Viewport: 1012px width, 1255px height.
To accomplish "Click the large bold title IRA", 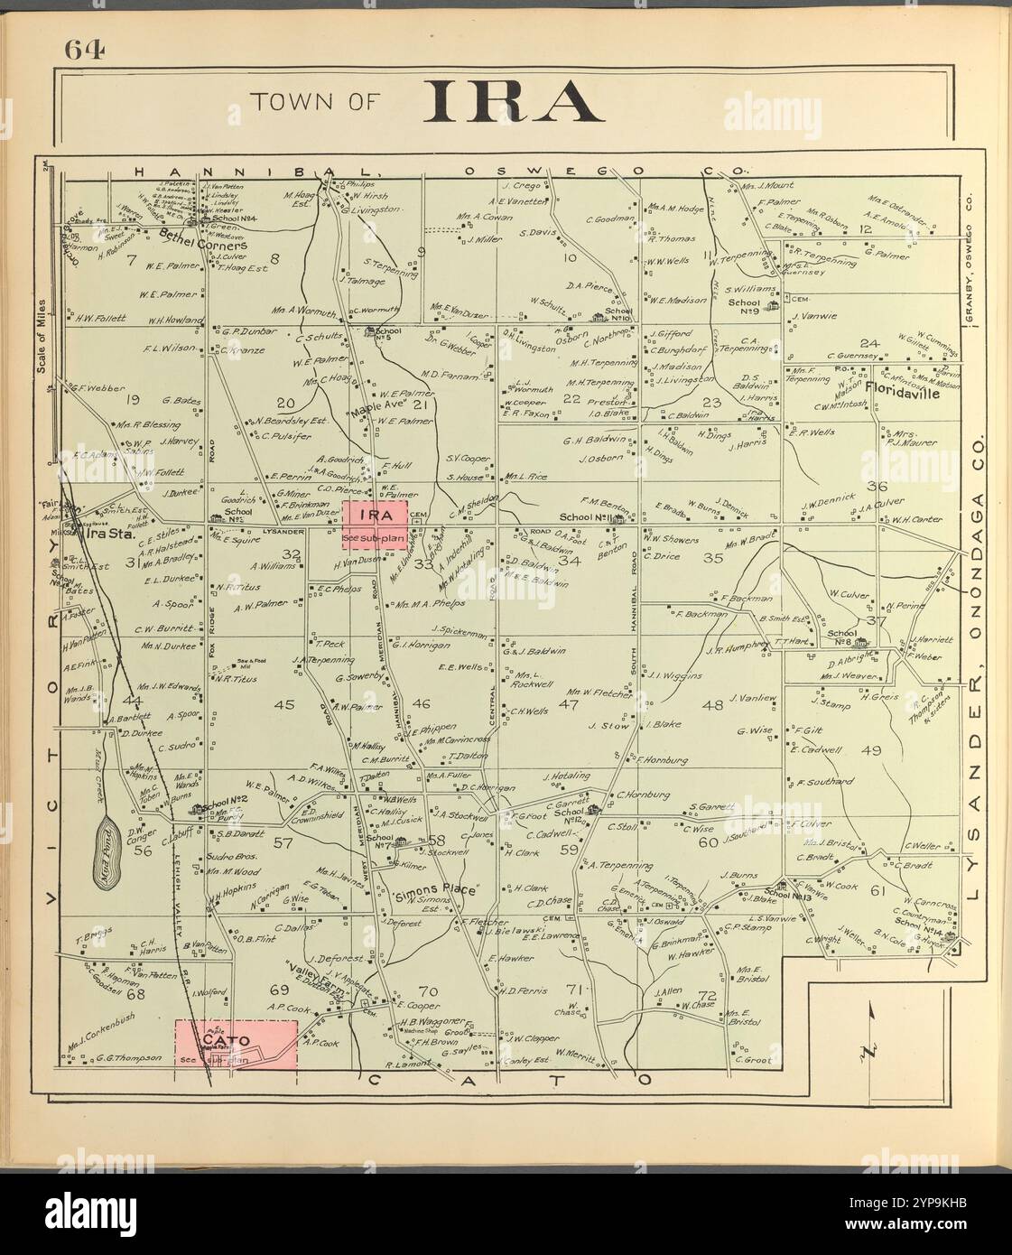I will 514,101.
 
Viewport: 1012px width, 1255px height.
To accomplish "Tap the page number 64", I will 85,51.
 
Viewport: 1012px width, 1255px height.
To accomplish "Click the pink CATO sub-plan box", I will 236,1043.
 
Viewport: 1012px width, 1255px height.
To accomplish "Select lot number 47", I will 568,704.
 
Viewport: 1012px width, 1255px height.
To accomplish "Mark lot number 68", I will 135,994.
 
